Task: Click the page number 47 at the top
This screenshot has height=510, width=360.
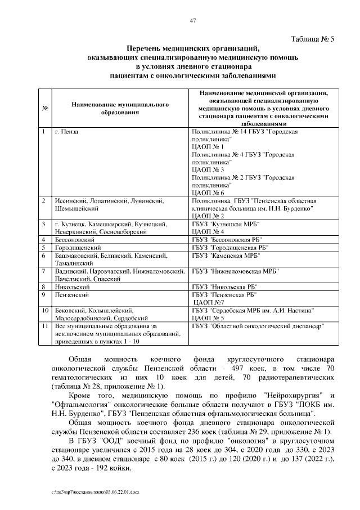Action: click(x=192, y=21)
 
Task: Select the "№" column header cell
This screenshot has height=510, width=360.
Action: click(x=44, y=108)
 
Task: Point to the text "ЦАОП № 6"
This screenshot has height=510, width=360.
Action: click(x=208, y=193)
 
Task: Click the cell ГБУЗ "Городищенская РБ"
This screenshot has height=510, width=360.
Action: click(x=230, y=247)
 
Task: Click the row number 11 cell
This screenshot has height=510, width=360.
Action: click(x=44, y=325)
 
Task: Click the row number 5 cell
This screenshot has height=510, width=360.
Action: click(x=44, y=247)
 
